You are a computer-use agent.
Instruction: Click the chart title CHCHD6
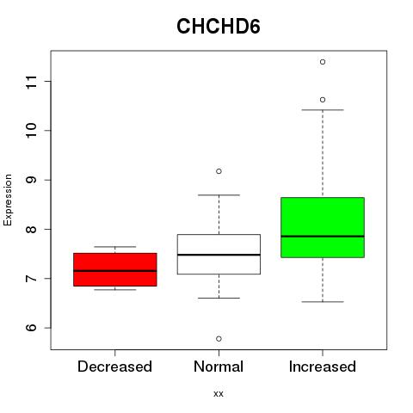pyautogui.click(x=219, y=27)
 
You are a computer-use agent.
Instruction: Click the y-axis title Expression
pyautogui.click(x=8, y=200)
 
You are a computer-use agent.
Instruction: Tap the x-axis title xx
pyautogui.click(x=219, y=393)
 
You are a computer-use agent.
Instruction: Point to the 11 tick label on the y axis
pyautogui.click(x=31, y=82)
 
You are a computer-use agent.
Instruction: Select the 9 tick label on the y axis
pyautogui.click(x=31, y=180)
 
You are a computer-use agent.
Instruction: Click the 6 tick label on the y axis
pyautogui.click(x=31, y=328)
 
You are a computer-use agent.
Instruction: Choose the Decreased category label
pyautogui.click(x=114, y=367)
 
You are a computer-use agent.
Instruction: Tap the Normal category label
pyautogui.click(x=219, y=367)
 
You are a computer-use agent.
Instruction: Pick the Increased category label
pyautogui.click(x=323, y=367)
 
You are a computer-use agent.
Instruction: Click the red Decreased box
pyautogui.click(x=115, y=269)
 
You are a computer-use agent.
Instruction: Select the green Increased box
pyautogui.click(x=323, y=227)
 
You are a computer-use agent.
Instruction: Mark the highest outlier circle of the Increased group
pyautogui.click(x=323, y=62)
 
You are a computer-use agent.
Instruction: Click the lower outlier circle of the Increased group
pyautogui.click(x=323, y=100)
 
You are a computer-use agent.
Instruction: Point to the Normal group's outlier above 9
pyautogui.click(x=219, y=171)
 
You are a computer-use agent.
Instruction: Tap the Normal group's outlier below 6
pyautogui.click(x=219, y=339)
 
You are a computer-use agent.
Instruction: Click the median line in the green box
pyautogui.click(x=323, y=237)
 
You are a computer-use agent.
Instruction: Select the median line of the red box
pyautogui.click(x=115, y=271)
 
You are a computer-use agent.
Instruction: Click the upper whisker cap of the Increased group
pyautogui.click(x=323, y=110)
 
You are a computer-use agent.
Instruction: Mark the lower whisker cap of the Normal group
pyautogui.click(x=219, y=298)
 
